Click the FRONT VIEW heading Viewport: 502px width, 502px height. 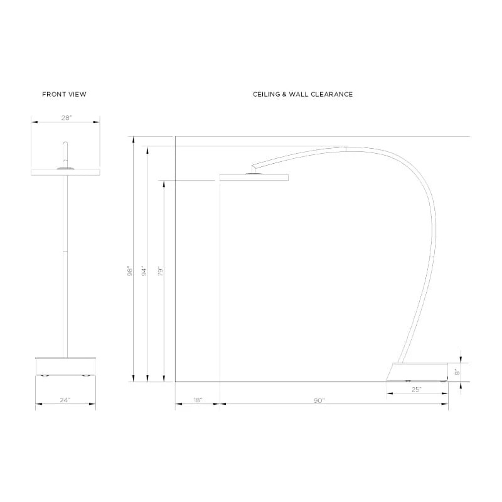pyautogui.click(x=64, y=94)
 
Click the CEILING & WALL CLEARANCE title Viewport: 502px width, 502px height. pyautogui.click(x=302, y=94)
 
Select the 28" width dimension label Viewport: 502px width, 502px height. pyautogui.click(x=67, y=118)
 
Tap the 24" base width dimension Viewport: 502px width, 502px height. pyautogui.click(x=65, y=400)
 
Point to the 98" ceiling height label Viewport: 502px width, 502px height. pyautogui.click(x=130, y=271)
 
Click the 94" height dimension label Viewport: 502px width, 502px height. pyautogui.click(x=144, y=271)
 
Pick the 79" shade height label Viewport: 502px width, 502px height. pyautogui.click(x=161, y=271)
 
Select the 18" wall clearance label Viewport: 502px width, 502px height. pyautogui.click(x=198, y=400)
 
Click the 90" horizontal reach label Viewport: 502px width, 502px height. pyautogui.click(x=319, y=400)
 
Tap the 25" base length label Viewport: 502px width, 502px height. pyautogui.click(x=416, y=389)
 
